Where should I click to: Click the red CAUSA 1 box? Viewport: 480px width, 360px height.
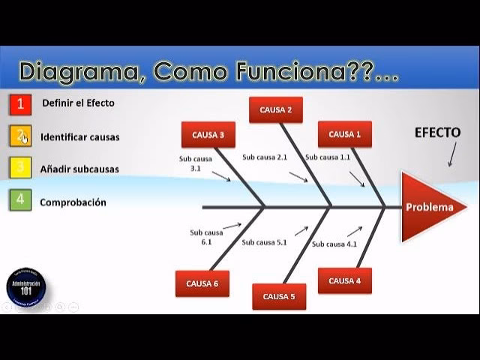[344, 134]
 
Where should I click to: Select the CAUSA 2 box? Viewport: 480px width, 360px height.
[276, 109]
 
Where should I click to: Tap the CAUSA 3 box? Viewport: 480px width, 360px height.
[208, 135]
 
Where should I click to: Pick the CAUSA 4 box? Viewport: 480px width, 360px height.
[344, 280]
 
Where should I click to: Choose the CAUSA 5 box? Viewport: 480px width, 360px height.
[279, 296]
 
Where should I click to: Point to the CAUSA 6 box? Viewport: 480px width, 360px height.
[202, 283]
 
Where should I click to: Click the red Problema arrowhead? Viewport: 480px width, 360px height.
[429, 207]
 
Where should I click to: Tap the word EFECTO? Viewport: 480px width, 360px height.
[437, 133]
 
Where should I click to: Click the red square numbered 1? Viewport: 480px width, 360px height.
[20, 103]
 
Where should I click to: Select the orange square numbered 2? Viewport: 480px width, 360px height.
[20, 136]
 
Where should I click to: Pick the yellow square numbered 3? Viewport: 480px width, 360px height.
[20, 168]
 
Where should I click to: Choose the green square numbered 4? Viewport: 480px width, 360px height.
[20, 201]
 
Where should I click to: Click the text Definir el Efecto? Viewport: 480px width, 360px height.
[78, 103]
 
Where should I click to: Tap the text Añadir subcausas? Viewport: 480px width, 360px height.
[79, 169]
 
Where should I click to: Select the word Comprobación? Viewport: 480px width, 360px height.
[73, 202]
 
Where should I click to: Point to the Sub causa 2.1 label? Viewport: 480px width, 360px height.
[265, 157]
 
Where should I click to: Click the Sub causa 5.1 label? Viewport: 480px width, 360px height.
[264, 242]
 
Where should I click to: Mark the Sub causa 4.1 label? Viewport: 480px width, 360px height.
[334, 244]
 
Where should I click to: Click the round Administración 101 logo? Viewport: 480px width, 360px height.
[26, 288]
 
